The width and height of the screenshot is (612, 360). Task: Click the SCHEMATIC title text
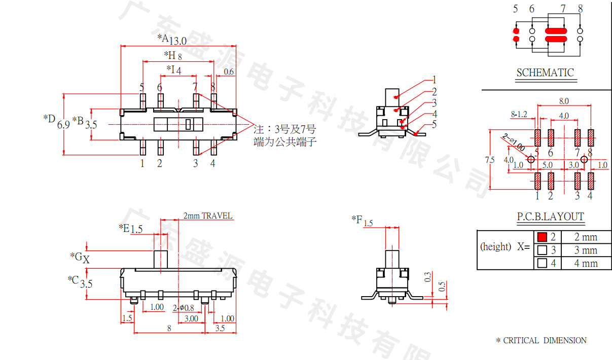(545, 73)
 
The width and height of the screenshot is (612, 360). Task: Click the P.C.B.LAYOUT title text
(550, 217)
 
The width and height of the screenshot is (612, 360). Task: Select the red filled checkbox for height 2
(542, 237)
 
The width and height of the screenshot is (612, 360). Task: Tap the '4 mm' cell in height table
(586, 263)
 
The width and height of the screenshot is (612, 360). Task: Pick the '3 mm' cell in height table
(586, 250)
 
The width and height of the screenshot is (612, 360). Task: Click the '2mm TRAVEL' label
(208, 215)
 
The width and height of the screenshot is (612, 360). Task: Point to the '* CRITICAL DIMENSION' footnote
(541, 340)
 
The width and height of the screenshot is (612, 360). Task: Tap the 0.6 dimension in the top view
(229, 71)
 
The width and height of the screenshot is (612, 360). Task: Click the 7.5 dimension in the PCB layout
(489, 160)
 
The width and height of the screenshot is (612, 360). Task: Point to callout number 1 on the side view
(434, 80)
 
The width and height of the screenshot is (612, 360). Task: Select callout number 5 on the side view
(434, 125)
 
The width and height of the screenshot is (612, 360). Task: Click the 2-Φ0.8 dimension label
(183, 307)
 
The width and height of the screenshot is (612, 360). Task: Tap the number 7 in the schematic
(563, 9)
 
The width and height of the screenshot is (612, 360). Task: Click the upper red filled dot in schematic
(516, 31)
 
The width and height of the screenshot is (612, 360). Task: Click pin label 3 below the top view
(196, 163)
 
